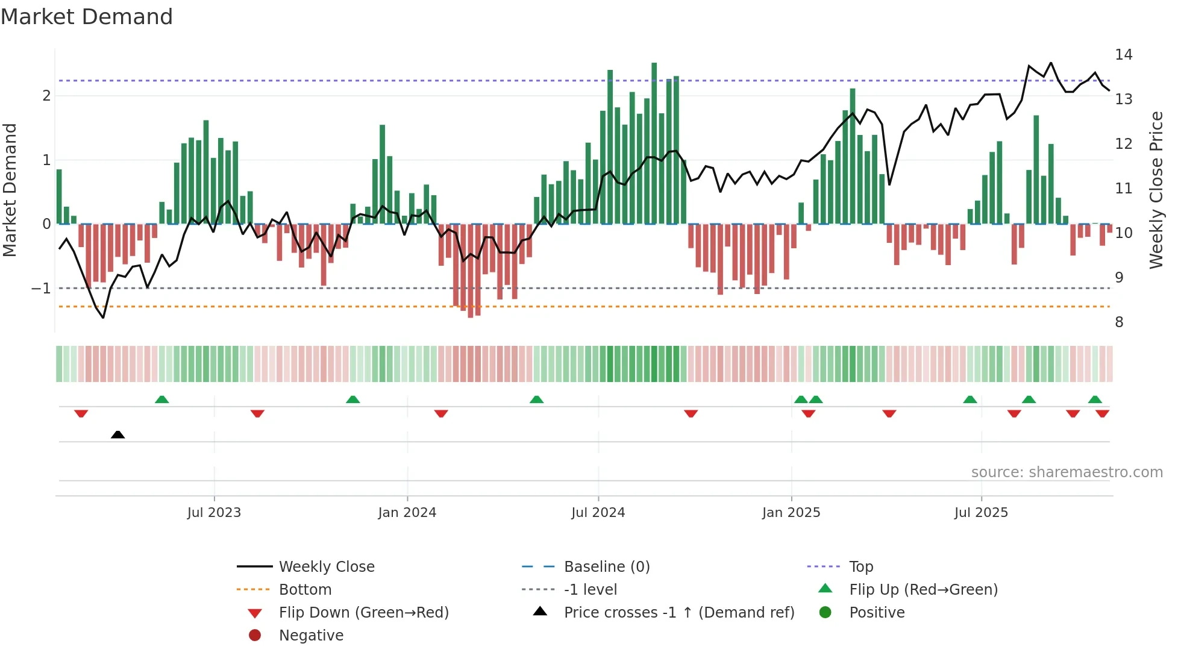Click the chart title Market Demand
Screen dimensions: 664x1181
[87, 17]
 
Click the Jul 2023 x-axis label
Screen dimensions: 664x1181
[214, 513]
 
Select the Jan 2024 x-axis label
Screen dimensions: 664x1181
[407, 513]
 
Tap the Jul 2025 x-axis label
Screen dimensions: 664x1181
[981, 513]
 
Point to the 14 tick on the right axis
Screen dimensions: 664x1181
[1123, 55]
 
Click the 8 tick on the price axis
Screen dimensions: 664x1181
[1119, 322]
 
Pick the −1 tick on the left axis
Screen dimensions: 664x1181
[41, 289]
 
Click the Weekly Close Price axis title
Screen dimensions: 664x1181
[1156, 190]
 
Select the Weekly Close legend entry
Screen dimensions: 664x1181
[326, 567]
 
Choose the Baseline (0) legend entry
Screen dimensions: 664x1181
[606, 567]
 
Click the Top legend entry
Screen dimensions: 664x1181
[860, 567]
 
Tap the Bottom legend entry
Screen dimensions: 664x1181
[305, 590]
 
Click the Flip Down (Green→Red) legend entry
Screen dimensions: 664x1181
[363, 613]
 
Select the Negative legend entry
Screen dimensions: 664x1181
[311, 636]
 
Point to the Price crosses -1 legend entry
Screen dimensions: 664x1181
[678, 613]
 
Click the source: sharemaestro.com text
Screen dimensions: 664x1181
[1067, 472]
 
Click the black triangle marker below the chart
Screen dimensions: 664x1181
[118, 435]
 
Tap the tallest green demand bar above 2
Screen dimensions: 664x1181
[654, 145]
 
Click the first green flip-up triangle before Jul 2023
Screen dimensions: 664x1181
[161, 399]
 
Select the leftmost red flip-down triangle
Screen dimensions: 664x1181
[81, 413]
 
